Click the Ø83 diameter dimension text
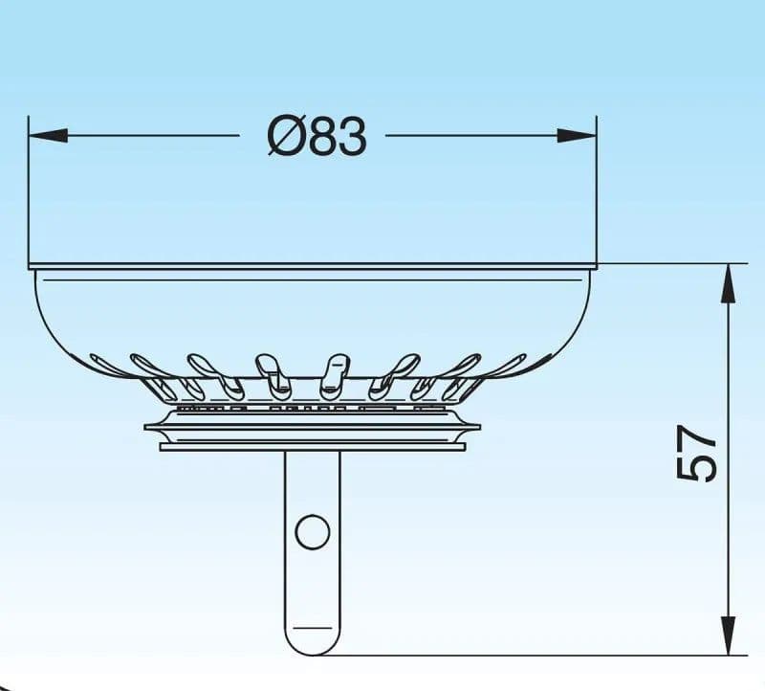317,137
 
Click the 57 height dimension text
697,453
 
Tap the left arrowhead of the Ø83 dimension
48,136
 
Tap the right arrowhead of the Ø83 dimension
578,136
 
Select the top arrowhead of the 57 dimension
728,282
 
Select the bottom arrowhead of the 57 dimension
728,635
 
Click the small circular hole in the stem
313,532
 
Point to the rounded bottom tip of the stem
313,655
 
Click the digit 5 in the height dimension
697,468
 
